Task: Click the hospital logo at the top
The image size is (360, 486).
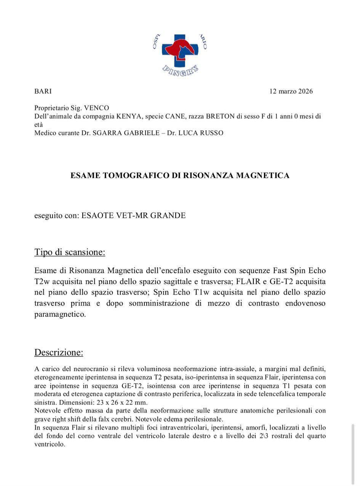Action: (180, 53)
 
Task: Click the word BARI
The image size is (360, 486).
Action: (43, 91)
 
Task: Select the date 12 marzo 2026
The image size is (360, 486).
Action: (291, 91)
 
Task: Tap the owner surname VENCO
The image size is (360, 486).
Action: (96, 108)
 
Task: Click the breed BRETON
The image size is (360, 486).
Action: (220, 116)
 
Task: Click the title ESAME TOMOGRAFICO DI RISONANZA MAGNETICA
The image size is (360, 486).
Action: (180, 175)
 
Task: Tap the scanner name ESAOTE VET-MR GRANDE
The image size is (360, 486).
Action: (134, 216)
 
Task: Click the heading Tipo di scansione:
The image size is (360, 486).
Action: (70, 252)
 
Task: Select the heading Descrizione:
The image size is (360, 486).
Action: (59, 352)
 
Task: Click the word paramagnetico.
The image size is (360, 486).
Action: (60, 315)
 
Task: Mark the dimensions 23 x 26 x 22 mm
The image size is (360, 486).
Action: (122, 402)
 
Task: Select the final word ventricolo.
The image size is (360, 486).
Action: (50, 445)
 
